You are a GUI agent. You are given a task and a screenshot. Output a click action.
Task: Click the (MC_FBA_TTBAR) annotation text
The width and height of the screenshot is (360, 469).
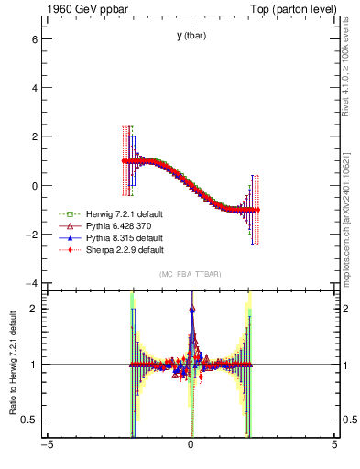pyautogui.click(x=190, y=274)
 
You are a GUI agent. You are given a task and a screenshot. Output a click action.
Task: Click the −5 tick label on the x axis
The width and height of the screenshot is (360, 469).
pyautogui.click(x=47, y=448)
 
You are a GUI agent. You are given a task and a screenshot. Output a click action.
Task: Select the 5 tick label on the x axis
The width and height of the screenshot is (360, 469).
pyautogui.click(x=334, y=448)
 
